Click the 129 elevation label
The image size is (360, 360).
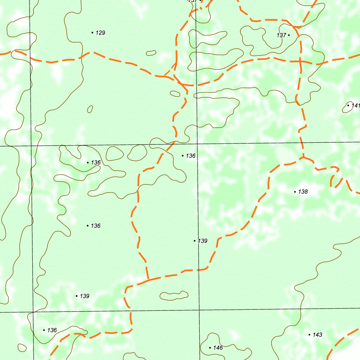(101, 33)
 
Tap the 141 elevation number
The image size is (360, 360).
(355, 105)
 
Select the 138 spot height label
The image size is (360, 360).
(303, 192)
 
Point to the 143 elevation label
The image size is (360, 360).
(317, 335)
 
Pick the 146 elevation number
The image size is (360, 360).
(218, 348)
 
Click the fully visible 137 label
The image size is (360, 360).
(281, 36)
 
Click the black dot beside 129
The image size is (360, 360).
(92, 33)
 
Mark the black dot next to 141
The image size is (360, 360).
(348, 105)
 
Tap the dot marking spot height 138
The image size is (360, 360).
(295, 192)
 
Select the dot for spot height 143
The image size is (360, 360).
(309, 335)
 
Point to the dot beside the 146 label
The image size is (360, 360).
(210, 348)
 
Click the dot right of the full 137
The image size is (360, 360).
(289, 35)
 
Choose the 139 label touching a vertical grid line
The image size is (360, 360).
(202, 241)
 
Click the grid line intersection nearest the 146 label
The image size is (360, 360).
(199, 310)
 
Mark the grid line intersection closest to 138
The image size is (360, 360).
(198, 144)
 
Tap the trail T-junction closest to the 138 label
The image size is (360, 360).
(303, 158)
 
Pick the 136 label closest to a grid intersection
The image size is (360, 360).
(191, 156)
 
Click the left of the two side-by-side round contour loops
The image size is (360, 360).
(114, 154)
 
